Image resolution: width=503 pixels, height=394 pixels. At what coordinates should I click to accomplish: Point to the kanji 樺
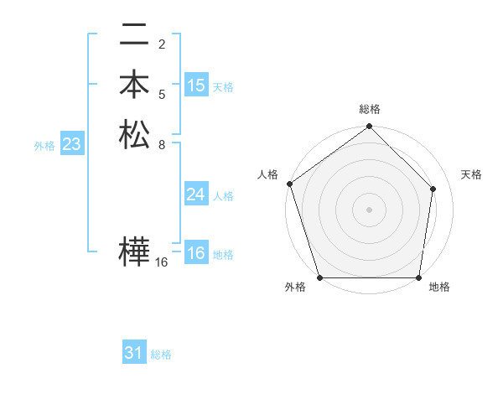134,252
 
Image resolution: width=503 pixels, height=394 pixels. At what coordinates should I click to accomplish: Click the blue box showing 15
196,86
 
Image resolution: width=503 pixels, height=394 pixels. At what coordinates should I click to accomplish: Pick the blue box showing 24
196,195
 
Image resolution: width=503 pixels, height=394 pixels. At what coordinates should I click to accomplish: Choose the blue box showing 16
196,254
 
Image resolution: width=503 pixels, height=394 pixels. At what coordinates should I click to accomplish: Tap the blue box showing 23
72,145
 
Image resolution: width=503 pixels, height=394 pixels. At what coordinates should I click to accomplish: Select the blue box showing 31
134,354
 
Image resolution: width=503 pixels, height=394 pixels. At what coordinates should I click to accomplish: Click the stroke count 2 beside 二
161,44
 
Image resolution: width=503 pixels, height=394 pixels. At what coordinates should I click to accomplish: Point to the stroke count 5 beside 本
161,94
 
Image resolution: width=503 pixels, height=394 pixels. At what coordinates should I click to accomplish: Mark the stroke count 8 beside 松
161,143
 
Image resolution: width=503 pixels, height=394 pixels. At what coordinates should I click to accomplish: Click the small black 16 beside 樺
162,262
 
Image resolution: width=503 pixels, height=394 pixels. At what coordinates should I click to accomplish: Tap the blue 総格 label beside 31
161,355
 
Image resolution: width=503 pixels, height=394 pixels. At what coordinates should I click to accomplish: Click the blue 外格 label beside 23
44,146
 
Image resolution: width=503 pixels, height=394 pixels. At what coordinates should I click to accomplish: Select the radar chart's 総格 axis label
369,109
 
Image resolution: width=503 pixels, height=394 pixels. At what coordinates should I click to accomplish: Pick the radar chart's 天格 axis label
471,174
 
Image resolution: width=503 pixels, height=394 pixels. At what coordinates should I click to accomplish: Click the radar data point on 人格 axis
289,184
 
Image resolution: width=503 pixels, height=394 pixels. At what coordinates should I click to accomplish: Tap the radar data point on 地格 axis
418,277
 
